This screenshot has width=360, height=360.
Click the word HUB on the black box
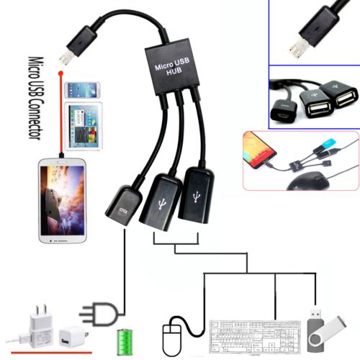point(174,71)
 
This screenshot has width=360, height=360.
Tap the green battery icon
point(125,342)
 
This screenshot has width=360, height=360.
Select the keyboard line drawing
point(255,336)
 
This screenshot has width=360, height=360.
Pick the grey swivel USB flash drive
point(326,331)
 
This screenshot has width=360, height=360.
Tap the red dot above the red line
point(60,73)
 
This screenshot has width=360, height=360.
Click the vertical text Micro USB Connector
point(36,98)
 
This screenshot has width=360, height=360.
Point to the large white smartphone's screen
point(63,200)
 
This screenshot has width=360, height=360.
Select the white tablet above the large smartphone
point(84,127)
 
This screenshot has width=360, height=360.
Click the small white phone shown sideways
point(82,90)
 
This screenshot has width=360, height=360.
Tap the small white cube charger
point(72,337)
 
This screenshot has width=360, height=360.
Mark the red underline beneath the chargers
point(51,353)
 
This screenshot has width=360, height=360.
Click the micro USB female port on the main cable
point(123,205)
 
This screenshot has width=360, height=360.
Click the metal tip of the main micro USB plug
point(66,58)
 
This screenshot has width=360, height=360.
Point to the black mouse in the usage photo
point(309,181)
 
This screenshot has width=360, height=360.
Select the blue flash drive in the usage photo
point(328,143)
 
